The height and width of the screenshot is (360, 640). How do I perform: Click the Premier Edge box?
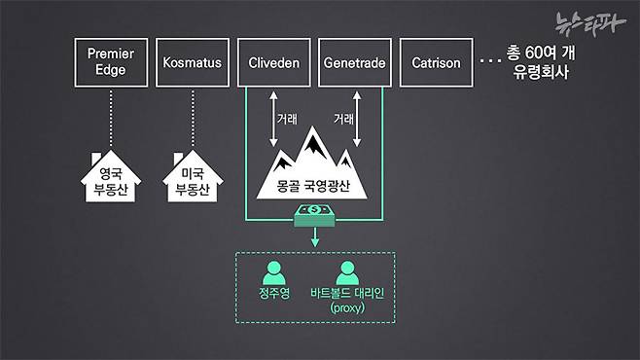point(110,62)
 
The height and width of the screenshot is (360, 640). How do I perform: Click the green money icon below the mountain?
point(313,212)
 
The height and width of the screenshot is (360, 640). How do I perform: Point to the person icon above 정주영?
point(274,271)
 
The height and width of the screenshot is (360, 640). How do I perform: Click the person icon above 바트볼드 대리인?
point(346,271)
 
